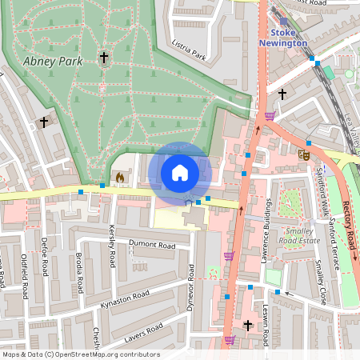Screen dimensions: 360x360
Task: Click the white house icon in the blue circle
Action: [x=180, y=172]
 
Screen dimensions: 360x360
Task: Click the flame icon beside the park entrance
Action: [x=120, y=177]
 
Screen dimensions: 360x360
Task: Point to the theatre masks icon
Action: [x=304, y=154]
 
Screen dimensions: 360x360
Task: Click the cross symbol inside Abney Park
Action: [x=103, y=58]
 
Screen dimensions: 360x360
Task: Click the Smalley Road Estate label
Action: [x=293, y=235]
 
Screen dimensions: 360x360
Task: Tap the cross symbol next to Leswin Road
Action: [x=247, y=326]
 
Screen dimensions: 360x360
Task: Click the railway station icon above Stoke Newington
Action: [x=283, y=22]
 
